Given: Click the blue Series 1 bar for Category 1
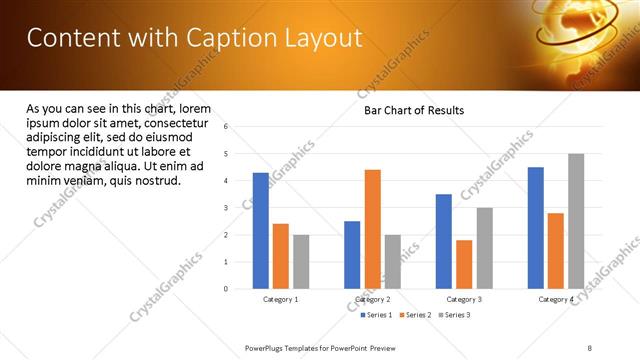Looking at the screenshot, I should pos(261,231).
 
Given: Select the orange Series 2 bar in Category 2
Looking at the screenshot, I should pos(372,229).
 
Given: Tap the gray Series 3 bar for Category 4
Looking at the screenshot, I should pos(576,221).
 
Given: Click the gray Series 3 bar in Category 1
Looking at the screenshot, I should pos(301,262).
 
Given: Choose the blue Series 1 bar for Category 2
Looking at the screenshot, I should pos(352,255).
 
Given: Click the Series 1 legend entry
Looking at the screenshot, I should pos(376,315).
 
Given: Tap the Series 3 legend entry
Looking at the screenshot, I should pos(454,315).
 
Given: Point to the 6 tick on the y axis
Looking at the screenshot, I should pos(226,127).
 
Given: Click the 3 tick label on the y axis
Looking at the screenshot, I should pos(226,208).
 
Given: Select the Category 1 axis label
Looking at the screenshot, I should pos(281,299).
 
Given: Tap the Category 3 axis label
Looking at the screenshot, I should pos(464,299).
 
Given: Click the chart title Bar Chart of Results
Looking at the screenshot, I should pos(413,110).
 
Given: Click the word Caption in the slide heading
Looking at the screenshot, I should pos(225,37).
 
